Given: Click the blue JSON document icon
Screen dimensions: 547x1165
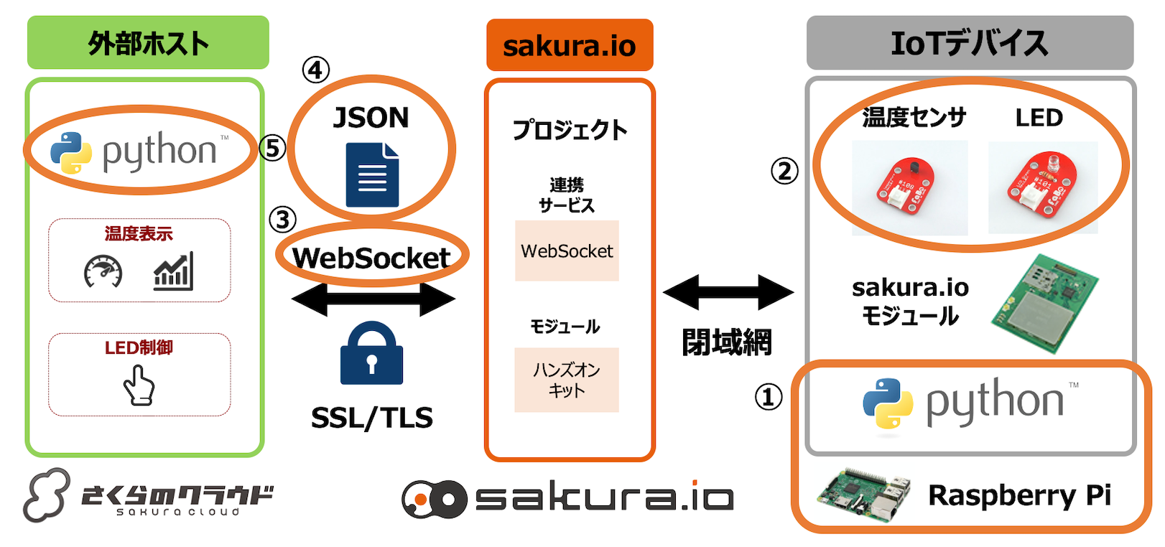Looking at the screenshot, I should point(372,175).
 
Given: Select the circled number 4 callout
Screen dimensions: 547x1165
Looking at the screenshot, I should point(315,70).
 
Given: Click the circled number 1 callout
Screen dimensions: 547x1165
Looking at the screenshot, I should point(768,396).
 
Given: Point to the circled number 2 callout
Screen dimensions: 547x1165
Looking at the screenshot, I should point(784,171).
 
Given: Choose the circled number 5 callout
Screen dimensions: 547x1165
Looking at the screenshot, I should point(272,149).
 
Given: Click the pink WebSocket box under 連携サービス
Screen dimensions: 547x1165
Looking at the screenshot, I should point(567,251).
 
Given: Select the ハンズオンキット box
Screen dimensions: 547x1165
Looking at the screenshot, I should point(567,380).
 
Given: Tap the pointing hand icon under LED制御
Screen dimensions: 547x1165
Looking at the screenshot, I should point(139,385).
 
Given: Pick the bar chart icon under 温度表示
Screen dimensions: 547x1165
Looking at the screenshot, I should point(173,271).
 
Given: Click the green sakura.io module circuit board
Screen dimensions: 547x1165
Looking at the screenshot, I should point(1045,303).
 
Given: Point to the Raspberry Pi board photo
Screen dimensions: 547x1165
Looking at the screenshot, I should point(863,495).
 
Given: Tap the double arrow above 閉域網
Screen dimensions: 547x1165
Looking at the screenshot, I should point(728,292).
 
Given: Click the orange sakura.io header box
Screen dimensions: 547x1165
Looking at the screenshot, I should point(570,45).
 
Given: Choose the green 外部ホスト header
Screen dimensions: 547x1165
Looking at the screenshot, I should point(148,43).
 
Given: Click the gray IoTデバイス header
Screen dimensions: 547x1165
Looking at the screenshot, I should point(969,43).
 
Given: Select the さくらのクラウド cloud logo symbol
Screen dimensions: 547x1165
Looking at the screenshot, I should point(47,495).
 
